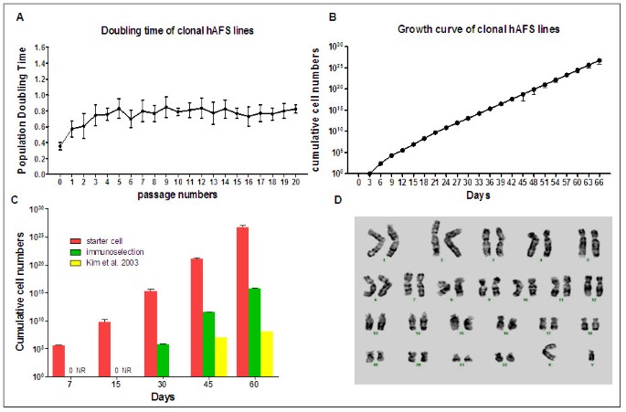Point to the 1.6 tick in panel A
[x=42, y=46]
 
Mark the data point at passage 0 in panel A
[x=60, y=146]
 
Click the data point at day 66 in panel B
[x=599, y=60]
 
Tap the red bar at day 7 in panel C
[x=58, y=360]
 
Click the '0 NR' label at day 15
[x=122, y=371]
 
